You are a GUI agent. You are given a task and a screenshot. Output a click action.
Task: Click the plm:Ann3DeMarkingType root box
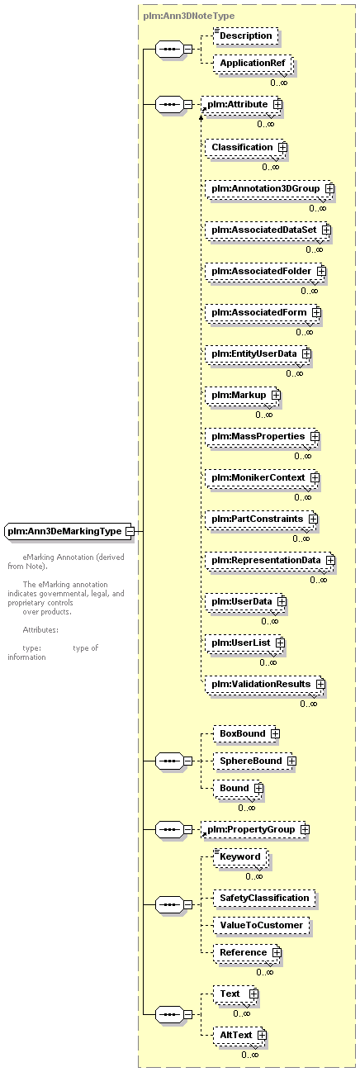point(68,531)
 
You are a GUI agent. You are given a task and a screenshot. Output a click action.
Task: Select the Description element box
point(245,36)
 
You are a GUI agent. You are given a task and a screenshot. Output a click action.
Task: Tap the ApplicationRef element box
point(253,63)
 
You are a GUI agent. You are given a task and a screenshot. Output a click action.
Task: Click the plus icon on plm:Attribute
point(277,104)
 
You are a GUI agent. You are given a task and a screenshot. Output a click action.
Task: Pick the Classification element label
point(242,147)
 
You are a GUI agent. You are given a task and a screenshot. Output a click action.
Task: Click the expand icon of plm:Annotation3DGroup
point(329,188)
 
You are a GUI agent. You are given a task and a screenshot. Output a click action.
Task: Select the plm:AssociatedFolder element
point(265,272)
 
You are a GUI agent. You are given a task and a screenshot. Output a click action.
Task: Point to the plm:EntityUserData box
point(258,354)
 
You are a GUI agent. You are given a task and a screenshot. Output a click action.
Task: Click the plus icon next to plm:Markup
point(276,396)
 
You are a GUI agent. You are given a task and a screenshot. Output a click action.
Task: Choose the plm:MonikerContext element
point(263,478)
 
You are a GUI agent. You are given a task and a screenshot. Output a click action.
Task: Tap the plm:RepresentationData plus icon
point(329,561)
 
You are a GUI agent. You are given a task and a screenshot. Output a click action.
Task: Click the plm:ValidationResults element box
point(265,685)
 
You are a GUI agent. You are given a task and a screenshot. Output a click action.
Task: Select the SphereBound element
point(254,761)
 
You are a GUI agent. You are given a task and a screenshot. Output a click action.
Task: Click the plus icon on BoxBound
point(275,733)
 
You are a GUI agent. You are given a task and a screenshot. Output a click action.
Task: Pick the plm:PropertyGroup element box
point(255,829)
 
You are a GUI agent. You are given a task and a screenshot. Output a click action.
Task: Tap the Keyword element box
point(241,857)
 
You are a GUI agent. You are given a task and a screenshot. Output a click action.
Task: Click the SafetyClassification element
point(264,899)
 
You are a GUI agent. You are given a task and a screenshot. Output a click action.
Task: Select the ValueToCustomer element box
point(262,926)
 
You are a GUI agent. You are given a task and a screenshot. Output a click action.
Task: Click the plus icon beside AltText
point(262,1035)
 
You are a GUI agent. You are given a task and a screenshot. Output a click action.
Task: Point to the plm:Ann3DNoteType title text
point(188,16)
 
